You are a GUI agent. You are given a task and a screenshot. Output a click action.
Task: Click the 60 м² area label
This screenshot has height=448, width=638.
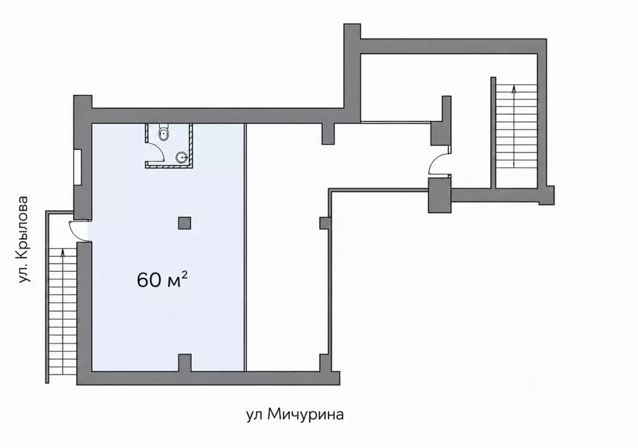click(162, 280)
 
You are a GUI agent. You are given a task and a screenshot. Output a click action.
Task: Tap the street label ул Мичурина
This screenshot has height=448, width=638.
click(295, 414)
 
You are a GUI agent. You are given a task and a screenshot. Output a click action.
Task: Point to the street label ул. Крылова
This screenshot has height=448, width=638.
click(24, 239)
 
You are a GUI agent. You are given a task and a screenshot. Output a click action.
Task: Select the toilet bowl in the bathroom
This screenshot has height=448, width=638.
click(163, 133)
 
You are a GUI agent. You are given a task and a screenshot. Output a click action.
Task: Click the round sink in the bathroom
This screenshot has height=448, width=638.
click(181, 156)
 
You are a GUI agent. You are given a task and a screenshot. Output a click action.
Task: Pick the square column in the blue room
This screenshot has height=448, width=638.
click(185, 223)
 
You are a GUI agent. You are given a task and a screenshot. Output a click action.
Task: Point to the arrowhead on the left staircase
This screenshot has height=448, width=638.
click(62, 252)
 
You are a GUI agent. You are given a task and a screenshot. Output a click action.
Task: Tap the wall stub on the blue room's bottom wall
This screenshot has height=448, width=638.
click(185, 363)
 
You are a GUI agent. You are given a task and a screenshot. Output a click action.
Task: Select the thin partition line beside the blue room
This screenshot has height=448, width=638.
click(245, 247)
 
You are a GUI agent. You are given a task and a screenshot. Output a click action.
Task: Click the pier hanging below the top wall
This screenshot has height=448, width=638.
click(328, 133)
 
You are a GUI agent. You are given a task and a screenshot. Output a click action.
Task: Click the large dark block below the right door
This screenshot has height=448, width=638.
click(440, 196)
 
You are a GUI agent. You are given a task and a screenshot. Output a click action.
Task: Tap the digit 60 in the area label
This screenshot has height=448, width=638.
click(149, 280)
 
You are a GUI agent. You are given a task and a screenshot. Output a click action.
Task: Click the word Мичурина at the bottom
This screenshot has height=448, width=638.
click(306, 414)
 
